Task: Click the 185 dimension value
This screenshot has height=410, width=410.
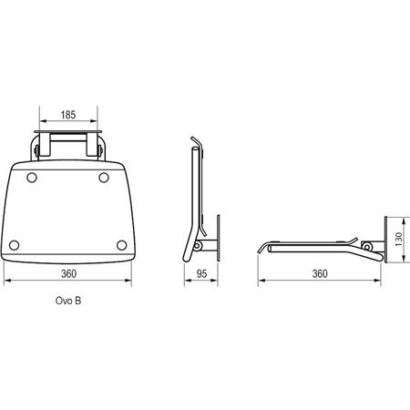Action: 68,115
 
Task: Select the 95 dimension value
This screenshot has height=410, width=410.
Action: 201,273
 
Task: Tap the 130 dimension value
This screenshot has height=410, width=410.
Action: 399,240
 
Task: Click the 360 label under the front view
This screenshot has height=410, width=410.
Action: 68,273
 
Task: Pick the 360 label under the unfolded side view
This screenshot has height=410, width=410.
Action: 320,273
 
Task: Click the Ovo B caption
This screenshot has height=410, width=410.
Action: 68,301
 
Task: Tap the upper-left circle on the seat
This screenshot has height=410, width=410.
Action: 32,178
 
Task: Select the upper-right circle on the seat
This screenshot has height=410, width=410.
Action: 104,178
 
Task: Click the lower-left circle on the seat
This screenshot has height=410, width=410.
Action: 14,245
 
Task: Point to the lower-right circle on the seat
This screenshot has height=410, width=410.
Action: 121,245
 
